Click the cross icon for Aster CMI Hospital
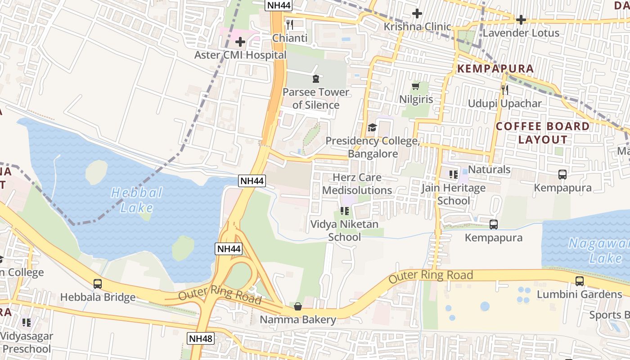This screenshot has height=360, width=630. [240, 42]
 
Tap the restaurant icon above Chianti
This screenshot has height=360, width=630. [290, 24]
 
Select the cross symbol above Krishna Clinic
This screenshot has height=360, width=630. [417, 13]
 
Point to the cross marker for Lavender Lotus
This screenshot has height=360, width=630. [521, 20]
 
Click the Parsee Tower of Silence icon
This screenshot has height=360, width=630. [315, 79]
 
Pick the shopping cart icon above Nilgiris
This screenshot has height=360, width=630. [416, 86]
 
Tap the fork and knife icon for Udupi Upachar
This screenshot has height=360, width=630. [504, 90]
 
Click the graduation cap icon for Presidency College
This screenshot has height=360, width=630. [372, 127]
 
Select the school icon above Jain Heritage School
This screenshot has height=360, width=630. [453, 174]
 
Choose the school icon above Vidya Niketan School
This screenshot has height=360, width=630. [345, 211]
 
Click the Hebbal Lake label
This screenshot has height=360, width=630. [137, 200]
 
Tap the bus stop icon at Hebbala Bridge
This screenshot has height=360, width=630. [98, 284]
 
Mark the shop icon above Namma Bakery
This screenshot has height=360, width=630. [297, 306]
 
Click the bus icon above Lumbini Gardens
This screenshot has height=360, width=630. [580, 281]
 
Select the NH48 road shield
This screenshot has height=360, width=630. [201, 338]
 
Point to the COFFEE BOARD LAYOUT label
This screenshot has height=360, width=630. [543, 133]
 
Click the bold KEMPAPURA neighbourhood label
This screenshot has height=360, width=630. [495, 69]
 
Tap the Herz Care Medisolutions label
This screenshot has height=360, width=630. [357, 184]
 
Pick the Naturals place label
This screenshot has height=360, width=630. [489, 170]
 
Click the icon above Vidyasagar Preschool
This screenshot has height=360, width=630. [27, 322]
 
